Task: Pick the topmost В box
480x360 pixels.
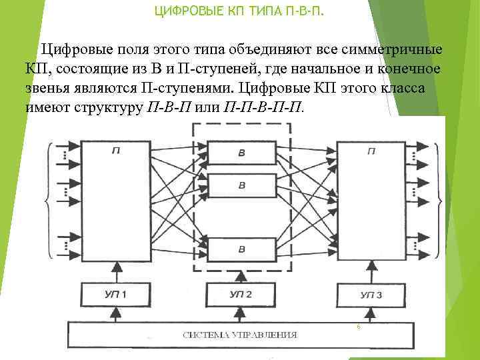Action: [241, 153]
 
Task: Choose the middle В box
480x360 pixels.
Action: [241, 185]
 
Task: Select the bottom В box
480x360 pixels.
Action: [241, 248]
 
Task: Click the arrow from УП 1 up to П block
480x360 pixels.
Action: [117, 270]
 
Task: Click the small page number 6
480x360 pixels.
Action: [358, 327]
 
